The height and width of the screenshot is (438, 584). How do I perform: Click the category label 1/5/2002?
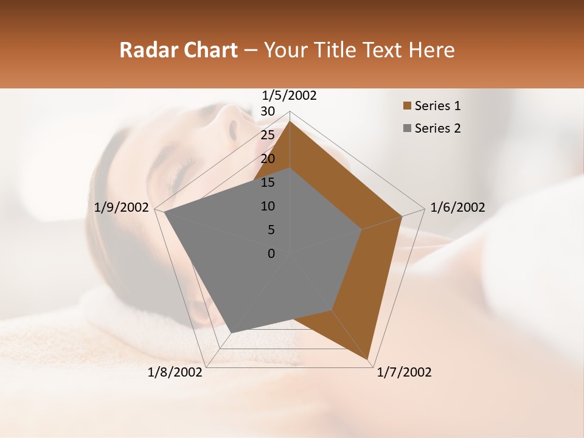[x=290, y=96]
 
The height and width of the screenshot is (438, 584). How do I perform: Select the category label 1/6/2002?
[x=457, y=207]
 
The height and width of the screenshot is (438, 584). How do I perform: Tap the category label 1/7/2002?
[x=404, y=372]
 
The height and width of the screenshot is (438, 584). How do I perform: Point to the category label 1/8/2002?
[x=175, y=372]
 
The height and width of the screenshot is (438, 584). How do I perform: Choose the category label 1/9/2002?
[x=122, y=207]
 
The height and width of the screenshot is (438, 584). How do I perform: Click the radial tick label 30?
[x=268, y=111]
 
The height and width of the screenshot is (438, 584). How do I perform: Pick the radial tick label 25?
[x=268, y=135]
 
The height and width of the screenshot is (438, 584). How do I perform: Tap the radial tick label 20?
[x=268, y=159]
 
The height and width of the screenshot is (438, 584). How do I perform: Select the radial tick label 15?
[x=268, y=182]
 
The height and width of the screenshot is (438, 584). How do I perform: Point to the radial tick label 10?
[x=268, y=206]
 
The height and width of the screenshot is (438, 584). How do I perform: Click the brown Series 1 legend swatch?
[x=407, y=106]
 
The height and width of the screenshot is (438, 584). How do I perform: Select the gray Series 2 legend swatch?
[x=407, y=128]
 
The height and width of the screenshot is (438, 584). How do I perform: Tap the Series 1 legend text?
[x=437, y=106]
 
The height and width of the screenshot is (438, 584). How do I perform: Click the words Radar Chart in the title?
[x=178, y=50]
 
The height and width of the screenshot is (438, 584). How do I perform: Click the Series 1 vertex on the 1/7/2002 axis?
[x=369, y=360]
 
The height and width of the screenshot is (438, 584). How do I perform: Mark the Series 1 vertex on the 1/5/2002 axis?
[x=290, y=121]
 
